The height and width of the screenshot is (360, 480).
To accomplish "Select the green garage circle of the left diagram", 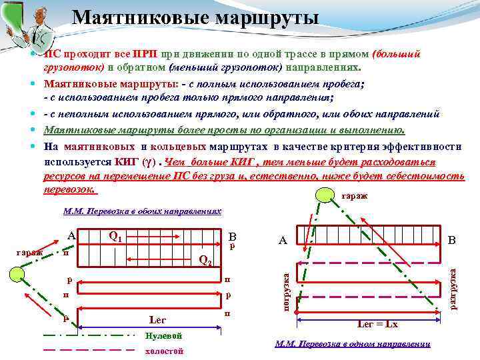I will (19, 275).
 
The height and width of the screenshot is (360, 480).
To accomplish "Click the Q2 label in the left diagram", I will (206, 260).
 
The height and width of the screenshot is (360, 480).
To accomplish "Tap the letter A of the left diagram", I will (71, 235).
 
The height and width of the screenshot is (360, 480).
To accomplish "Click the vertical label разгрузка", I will (453, 287).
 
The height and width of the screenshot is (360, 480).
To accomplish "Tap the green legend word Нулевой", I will (163, 335).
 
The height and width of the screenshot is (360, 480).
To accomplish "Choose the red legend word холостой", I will (163, 351).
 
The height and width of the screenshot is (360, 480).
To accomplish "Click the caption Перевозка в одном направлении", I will (353, 344).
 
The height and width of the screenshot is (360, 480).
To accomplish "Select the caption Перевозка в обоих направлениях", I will (142, 209).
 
